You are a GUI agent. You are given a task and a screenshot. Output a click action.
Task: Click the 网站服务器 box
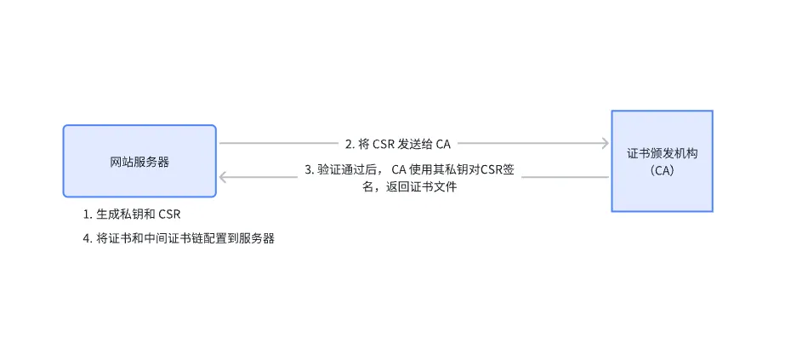[139, 161]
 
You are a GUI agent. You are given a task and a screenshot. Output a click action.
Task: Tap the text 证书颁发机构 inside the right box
[662, 152]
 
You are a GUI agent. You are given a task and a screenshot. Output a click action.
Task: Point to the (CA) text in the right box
[662, 169]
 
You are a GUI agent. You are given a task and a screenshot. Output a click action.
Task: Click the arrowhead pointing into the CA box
[605, 143]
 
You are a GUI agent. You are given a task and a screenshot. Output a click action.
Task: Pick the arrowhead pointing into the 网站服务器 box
[224, 177]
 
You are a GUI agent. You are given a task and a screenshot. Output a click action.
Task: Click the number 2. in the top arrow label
[350, 143]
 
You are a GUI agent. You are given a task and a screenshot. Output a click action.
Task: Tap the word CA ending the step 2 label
[442, 143]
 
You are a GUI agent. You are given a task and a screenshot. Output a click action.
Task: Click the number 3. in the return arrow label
[310, 169]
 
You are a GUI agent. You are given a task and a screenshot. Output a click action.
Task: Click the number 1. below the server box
[88, 213]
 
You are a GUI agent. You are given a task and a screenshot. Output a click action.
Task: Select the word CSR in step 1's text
[171, 213]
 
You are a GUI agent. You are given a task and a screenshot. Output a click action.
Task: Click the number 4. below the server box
[88, 238]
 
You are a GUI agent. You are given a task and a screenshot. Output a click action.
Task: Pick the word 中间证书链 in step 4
[168, 238]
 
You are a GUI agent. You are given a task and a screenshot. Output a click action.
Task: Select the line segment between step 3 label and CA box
[565, 177]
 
